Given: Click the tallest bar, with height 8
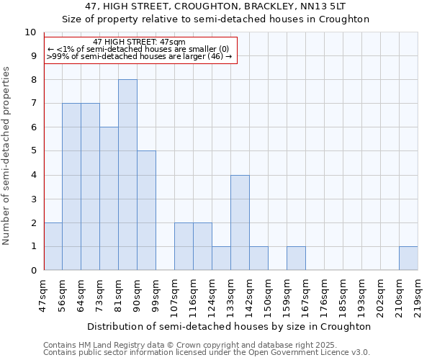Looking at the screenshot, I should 127,175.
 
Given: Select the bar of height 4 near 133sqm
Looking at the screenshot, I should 240,222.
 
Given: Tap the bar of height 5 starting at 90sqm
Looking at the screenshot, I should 146,210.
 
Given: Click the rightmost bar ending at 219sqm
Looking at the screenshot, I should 408,258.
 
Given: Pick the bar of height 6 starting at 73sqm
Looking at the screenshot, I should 109,199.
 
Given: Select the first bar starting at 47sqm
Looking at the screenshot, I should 53,246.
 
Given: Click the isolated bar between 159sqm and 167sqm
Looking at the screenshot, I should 296,258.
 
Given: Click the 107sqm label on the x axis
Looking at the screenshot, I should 174,295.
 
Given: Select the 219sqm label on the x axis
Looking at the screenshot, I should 418,295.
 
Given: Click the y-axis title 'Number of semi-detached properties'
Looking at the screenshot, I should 7,156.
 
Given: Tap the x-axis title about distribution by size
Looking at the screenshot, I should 230,326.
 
